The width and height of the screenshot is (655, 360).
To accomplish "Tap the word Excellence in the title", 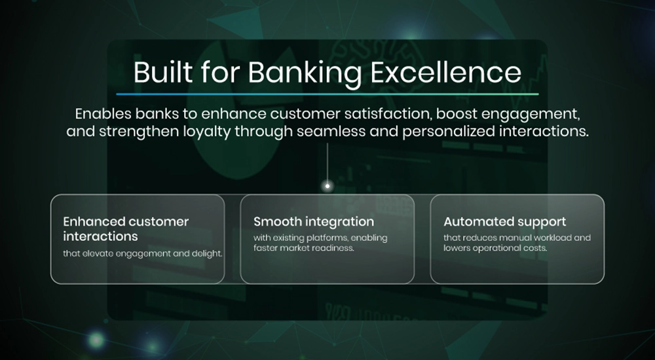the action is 445,72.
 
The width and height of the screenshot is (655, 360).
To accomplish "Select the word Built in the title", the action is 163,72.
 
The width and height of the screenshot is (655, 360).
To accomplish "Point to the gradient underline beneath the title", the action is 327,94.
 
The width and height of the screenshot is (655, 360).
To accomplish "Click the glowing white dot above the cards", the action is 327,186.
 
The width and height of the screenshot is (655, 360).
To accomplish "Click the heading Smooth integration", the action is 314,222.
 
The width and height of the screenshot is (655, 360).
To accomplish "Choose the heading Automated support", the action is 504,222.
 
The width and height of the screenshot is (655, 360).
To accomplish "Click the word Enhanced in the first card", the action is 94,221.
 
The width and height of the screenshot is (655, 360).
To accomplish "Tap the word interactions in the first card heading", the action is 100,236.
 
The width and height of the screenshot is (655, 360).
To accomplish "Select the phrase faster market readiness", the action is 304,248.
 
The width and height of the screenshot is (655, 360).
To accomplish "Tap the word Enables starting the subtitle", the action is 100,114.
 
